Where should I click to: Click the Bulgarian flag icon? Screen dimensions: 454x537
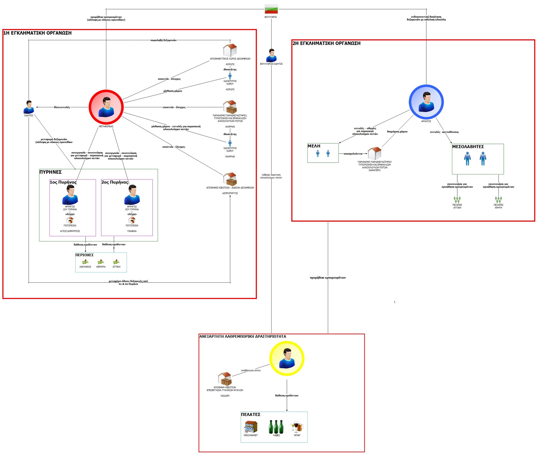point(271,9)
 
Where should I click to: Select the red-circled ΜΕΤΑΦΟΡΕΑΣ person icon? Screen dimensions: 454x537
point(106,107)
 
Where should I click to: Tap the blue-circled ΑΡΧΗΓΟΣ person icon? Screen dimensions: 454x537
point(426,102)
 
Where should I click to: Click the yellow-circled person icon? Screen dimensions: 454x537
point(287,358)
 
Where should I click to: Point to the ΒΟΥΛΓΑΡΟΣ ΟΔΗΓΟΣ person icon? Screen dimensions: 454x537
point(271,55)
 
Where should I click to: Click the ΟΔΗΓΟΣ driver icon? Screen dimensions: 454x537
point(29,107)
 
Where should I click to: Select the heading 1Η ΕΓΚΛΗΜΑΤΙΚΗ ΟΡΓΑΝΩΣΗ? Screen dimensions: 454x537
point(37,33)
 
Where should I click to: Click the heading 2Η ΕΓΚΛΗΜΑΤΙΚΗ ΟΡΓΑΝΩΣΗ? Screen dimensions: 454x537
point(326,43)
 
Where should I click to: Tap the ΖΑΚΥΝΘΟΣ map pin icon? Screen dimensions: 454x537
point(85,262)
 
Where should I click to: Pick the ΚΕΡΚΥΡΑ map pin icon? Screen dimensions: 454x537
point(101,262)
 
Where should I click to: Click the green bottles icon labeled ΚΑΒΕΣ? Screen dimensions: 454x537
point(276,427)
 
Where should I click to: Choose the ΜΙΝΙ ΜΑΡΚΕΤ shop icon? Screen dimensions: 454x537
point(251,427)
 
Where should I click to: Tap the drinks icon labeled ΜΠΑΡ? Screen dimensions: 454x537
point(297,427)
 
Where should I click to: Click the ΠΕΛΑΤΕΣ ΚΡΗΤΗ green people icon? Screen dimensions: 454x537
point(498,199)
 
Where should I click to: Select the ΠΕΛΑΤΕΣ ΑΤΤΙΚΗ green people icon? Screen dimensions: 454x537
point(457,199)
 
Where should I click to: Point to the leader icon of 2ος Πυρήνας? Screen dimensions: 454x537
point(132,195)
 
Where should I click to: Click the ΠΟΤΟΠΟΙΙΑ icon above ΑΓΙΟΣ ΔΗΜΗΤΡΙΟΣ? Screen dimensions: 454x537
point(70,220)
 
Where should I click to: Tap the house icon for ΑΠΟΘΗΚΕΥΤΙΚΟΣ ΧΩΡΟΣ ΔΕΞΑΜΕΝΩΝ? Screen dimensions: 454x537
point(230,50)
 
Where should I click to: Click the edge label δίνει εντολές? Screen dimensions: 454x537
point(62,107)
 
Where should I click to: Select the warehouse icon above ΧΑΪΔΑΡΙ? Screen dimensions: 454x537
point(225,379)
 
